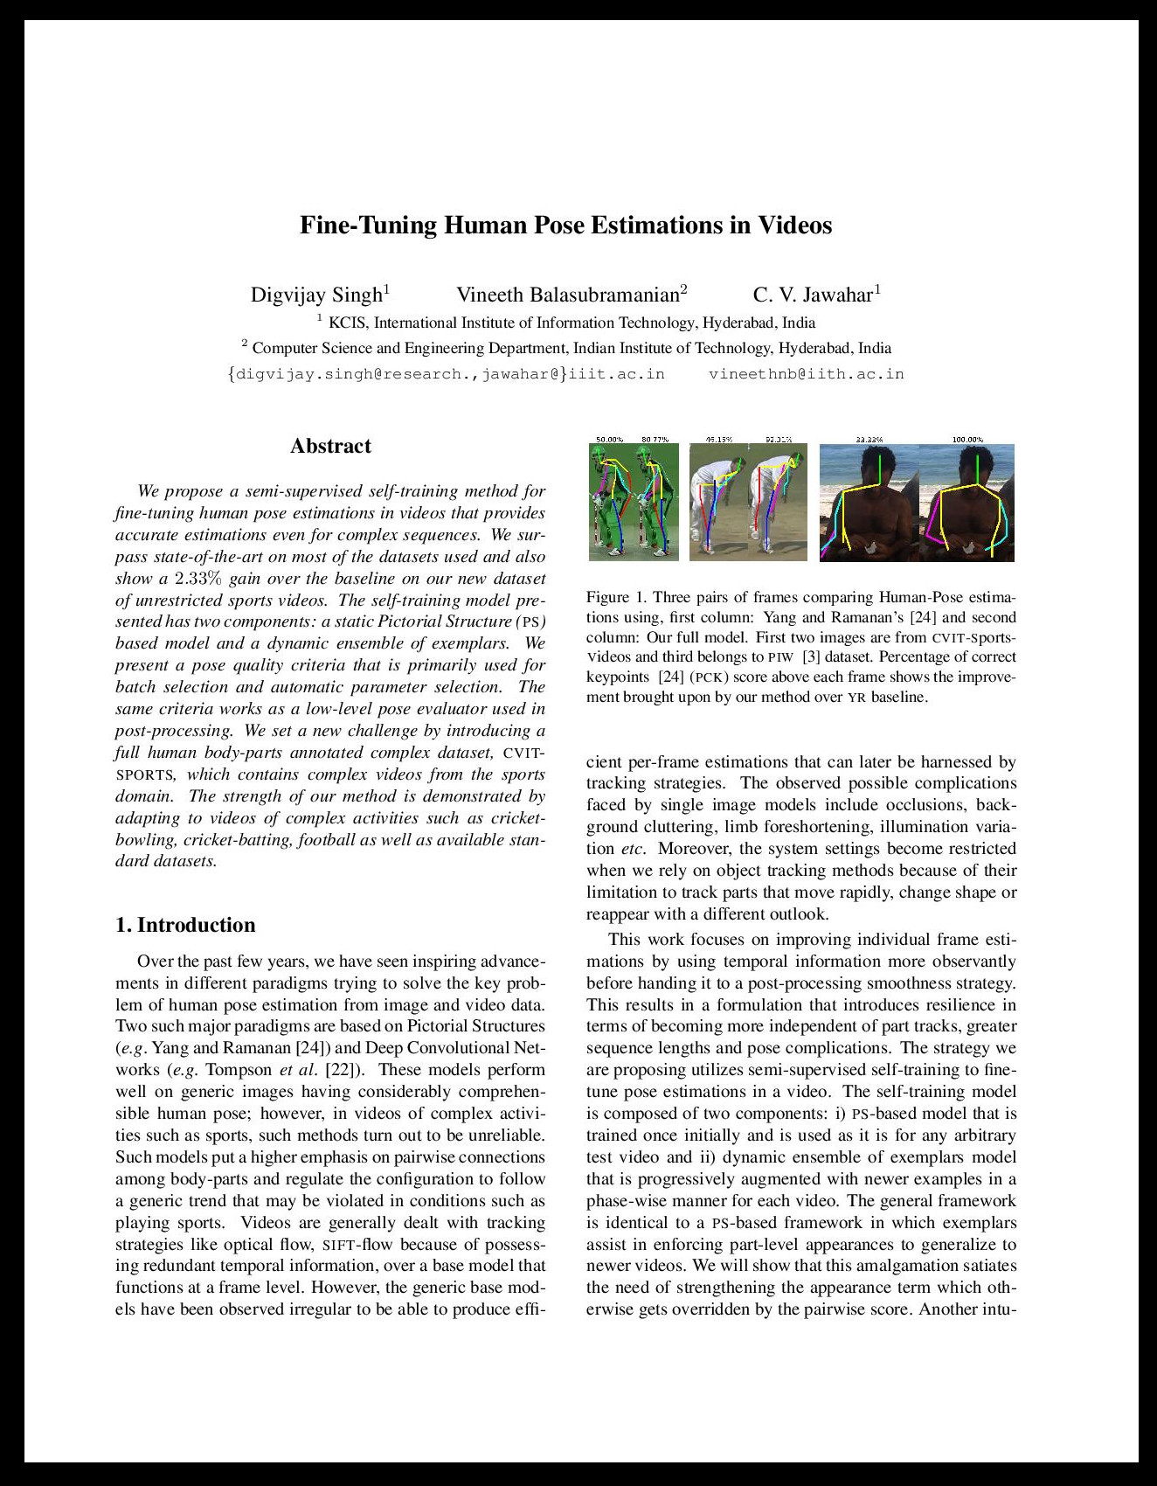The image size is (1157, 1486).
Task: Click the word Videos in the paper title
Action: pos(794,226)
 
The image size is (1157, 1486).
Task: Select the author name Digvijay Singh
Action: pos(316,295)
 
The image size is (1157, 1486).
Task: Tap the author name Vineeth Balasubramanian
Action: pos(568,295)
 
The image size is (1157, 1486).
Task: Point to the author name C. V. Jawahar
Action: pos(813,295)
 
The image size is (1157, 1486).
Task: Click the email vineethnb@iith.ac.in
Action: pos(806,374)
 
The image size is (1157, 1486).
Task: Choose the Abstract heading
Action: pos(330,446)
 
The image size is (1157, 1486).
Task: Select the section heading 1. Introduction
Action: pos(185,925)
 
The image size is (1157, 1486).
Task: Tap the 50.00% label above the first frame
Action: pos(609,439)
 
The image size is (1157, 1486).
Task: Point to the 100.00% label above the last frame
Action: pos(967,439)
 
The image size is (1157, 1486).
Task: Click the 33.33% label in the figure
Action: pos(869,439)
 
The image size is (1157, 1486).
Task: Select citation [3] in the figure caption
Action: pos(810,656)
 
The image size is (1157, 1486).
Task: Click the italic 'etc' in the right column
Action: pos(632,849)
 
